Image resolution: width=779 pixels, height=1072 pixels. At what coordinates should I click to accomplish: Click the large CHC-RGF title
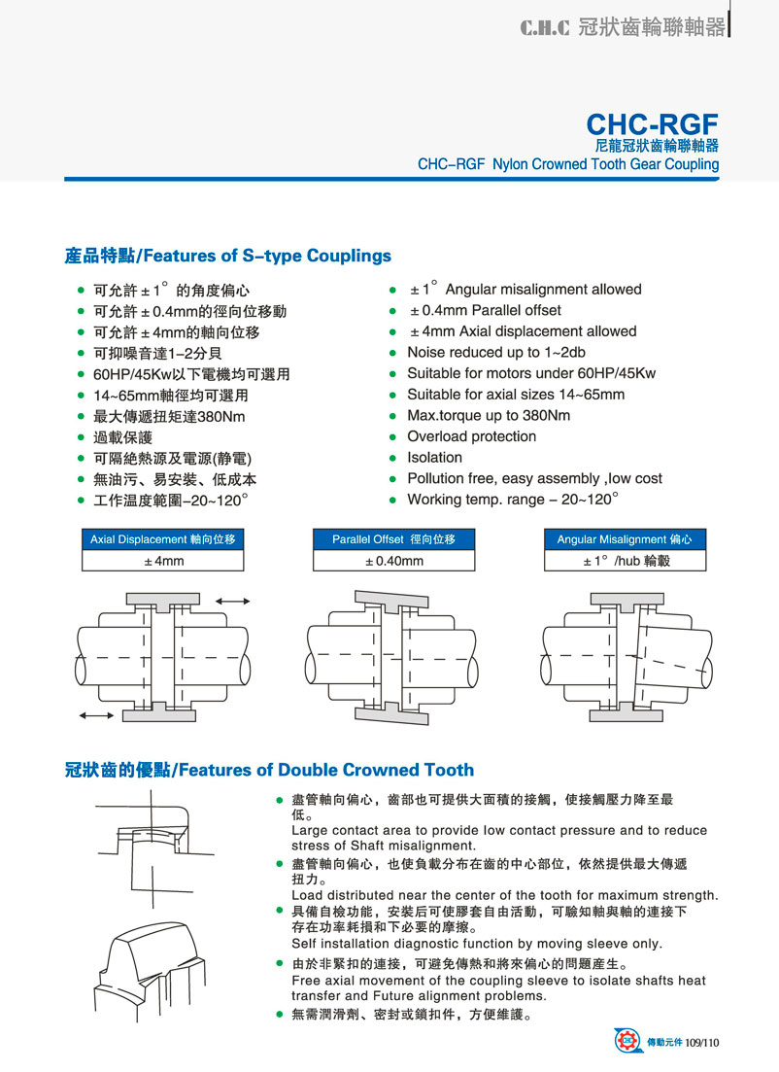click(652, 124)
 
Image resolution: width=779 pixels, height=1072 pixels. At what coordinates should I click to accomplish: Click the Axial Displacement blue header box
click(162, 539)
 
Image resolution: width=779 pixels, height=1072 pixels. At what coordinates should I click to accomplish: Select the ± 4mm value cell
click(162, 561)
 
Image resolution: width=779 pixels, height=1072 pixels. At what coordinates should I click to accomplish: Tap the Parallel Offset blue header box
click(393, 539)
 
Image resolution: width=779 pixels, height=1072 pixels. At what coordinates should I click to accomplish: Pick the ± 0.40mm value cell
click(393, 561)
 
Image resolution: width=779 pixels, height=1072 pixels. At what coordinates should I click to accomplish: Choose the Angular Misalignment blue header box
click(626, 539)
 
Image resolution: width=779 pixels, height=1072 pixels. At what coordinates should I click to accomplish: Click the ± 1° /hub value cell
click(626, 561)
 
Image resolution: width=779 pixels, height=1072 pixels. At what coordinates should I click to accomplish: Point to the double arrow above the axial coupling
click(233, 603)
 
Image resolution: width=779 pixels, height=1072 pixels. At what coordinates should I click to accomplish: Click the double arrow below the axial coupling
click(95, 715)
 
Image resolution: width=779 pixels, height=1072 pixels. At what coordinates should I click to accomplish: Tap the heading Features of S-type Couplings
click(227, 257)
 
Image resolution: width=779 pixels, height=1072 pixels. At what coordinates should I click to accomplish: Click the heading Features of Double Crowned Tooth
click(269, 771)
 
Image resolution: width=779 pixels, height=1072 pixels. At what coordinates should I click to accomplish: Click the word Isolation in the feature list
click(434, 458)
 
